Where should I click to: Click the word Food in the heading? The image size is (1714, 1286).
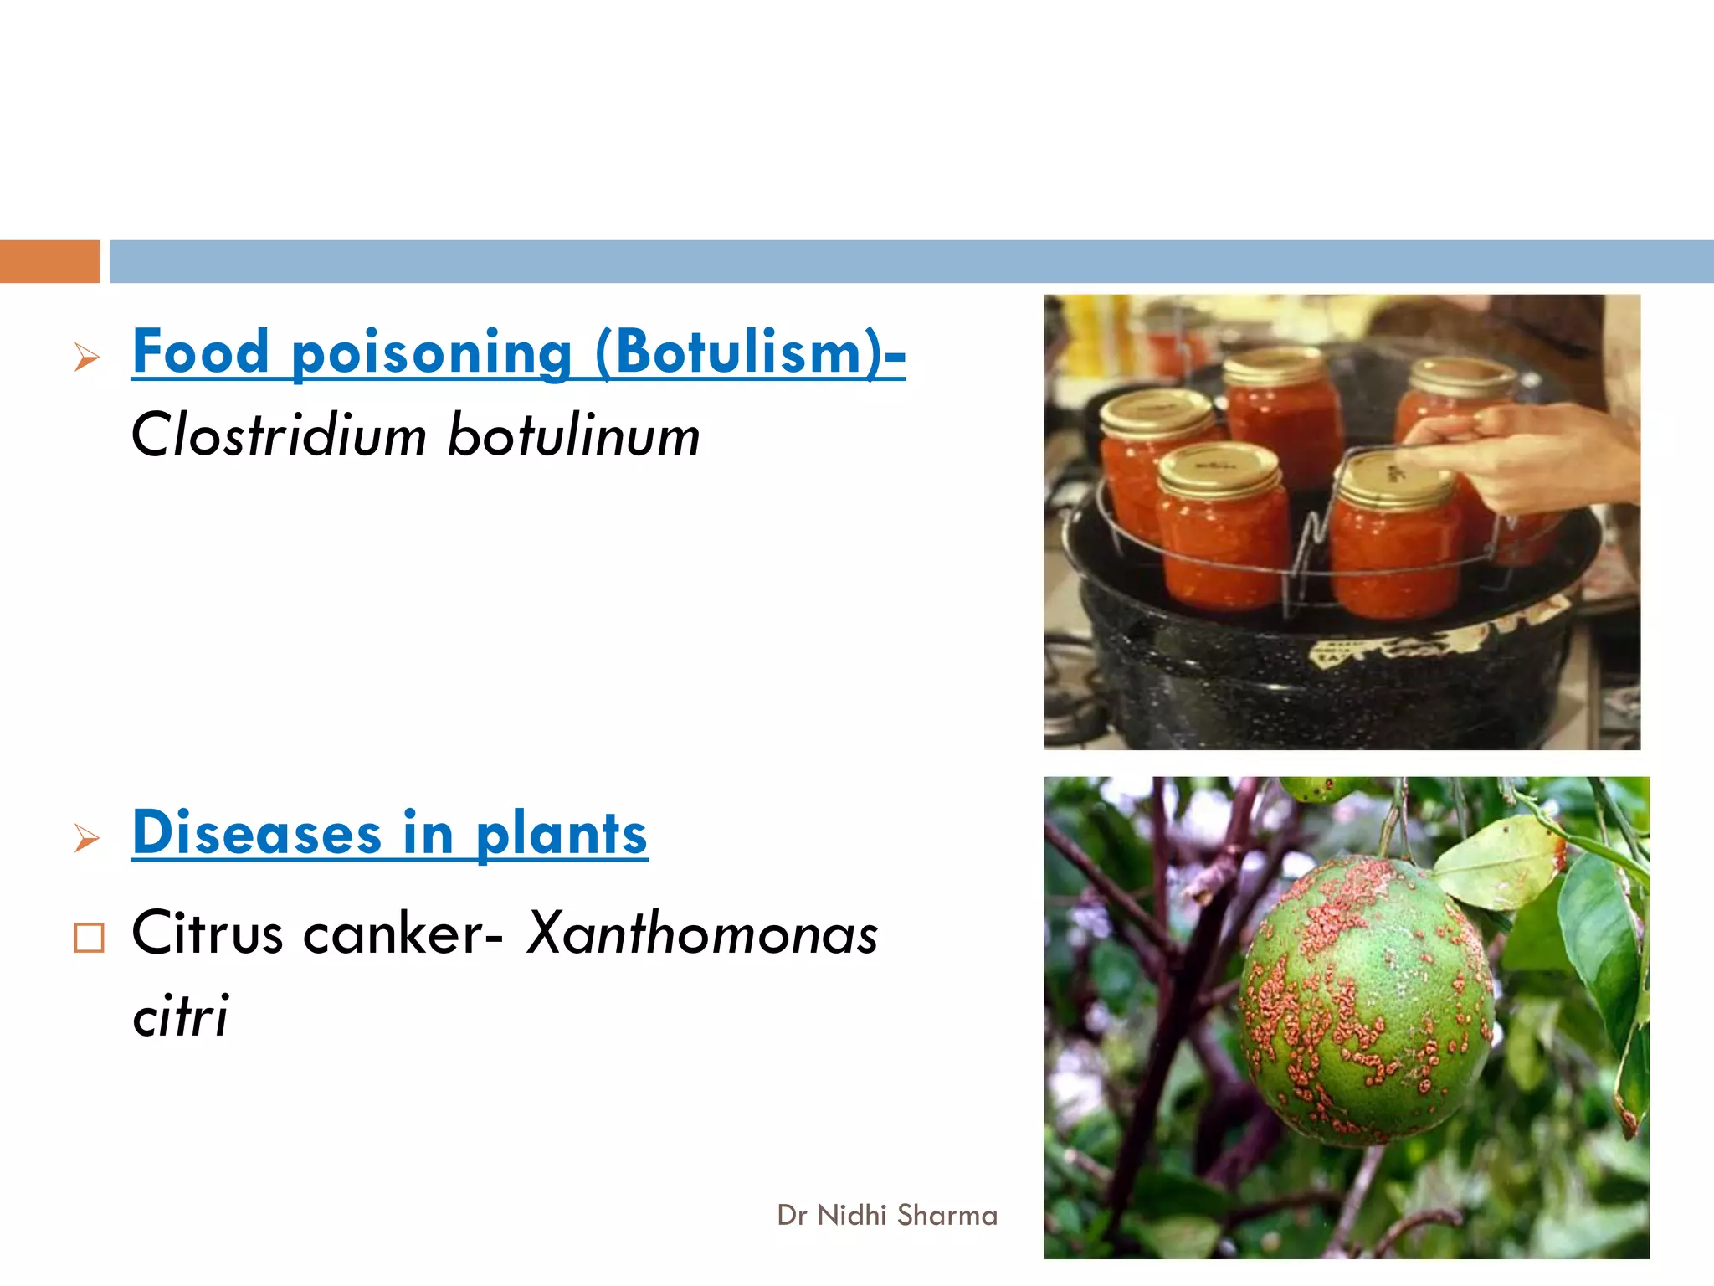pos(201,352)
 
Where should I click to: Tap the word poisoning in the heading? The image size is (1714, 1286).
pos(431,353)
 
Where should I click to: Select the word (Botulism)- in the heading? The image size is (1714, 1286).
pos(750,352)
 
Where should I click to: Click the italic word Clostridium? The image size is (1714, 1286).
pos(279,435)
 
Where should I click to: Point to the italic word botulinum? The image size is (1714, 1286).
pos(573,435)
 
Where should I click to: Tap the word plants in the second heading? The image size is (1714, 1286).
pos(562,835)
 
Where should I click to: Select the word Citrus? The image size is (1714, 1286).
pos(208,933)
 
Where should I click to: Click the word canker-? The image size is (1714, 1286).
pos(403,933)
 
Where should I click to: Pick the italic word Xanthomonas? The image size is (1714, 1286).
pos(702,933)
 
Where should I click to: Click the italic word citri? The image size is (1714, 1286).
pos(180,1015)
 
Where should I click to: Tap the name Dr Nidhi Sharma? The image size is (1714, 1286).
pos(887,1215)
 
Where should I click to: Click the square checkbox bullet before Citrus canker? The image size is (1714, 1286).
pos(89,938)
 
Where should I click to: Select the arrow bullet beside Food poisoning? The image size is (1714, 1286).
pos(87,358)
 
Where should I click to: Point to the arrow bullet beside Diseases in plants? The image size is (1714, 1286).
pos(87,837)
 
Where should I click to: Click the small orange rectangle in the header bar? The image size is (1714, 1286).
pos(49,261)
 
